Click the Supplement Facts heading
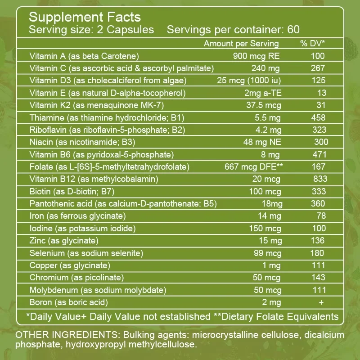[x=85, y=18]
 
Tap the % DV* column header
[x=312, y=44]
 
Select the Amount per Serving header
[x=241, y=44]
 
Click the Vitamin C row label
[x=121, y=68]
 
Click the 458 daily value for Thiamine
[x=318, y=118]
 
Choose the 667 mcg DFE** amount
[x=253, y=167]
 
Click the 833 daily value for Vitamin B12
[x=320, y=179]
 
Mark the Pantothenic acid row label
[x=123, y=204]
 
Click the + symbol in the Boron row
[x=321, y=302]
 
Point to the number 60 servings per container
[x=293, y=30]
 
